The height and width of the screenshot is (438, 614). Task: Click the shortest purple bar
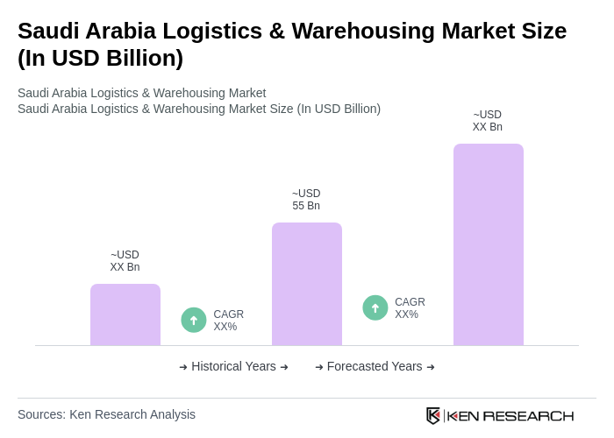click(125, 314)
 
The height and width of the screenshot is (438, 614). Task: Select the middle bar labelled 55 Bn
click(307, 284)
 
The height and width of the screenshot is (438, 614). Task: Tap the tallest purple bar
click(489, 244)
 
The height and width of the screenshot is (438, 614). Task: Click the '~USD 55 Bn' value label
click(306, 200)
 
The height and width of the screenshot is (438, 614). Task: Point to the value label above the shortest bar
click(125, 261)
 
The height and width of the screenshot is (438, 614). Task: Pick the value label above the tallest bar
click(488, 121)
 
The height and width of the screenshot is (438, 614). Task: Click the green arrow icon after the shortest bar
click(194, 320)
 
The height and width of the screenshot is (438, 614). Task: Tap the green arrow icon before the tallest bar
click(375, 307)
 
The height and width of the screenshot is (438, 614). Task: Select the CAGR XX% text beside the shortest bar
click(228, 321)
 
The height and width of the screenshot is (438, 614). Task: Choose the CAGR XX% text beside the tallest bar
click(410, 308)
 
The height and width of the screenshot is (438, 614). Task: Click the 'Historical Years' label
click(233, 366)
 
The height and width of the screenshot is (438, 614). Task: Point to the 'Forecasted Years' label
click(375, 366)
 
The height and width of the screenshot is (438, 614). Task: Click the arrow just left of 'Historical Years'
click(183, 367)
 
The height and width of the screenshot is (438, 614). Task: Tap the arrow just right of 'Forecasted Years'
click(431, 367)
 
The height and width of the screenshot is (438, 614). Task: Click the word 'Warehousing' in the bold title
click(363, 31)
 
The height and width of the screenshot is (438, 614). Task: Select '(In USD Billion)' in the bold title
click(100, 58)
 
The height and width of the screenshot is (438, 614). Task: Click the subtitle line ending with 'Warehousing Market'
click(141, 93)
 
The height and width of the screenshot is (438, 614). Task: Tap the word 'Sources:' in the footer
click(41, 414)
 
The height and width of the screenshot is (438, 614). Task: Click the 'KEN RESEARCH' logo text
click(510, 416)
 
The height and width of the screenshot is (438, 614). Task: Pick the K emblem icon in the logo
click(433, 415)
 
